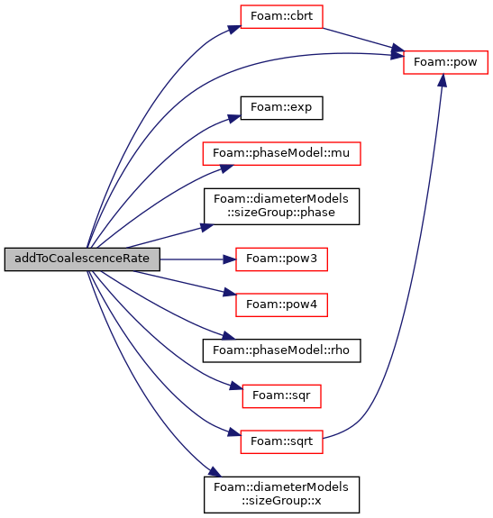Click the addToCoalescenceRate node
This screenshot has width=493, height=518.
(x=82, y=259)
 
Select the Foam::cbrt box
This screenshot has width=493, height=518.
(x=281, y=16)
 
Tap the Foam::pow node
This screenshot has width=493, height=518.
(x=445, y=62)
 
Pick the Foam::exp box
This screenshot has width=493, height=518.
(x=281, y=108)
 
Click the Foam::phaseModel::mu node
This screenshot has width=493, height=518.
(x=281, y=154)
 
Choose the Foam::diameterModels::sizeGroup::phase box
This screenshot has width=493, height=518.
(x=281, y=206)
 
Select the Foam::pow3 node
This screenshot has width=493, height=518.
(x=281, y=259)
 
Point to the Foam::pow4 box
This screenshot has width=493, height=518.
(x=281, y=304)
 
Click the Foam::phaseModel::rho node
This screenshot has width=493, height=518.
(x=281, y=350)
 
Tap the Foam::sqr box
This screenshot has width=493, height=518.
(x=281, y=395)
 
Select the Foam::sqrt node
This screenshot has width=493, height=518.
(x=281, y=441)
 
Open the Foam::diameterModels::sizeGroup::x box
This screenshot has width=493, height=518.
(x=281, y=495)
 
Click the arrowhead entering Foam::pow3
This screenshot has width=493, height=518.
(x=229, y=259)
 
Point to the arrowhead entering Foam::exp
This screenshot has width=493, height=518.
(x=234, y=118)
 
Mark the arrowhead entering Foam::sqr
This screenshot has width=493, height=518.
(x=236, y=386)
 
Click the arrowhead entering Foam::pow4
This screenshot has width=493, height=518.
(x=230, y=292)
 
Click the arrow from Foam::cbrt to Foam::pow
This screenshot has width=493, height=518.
(x=363, y=40)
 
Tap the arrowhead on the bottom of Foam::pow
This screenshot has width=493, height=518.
(x=443, y=80)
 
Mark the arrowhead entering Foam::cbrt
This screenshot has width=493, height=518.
(x=234, y=30)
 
